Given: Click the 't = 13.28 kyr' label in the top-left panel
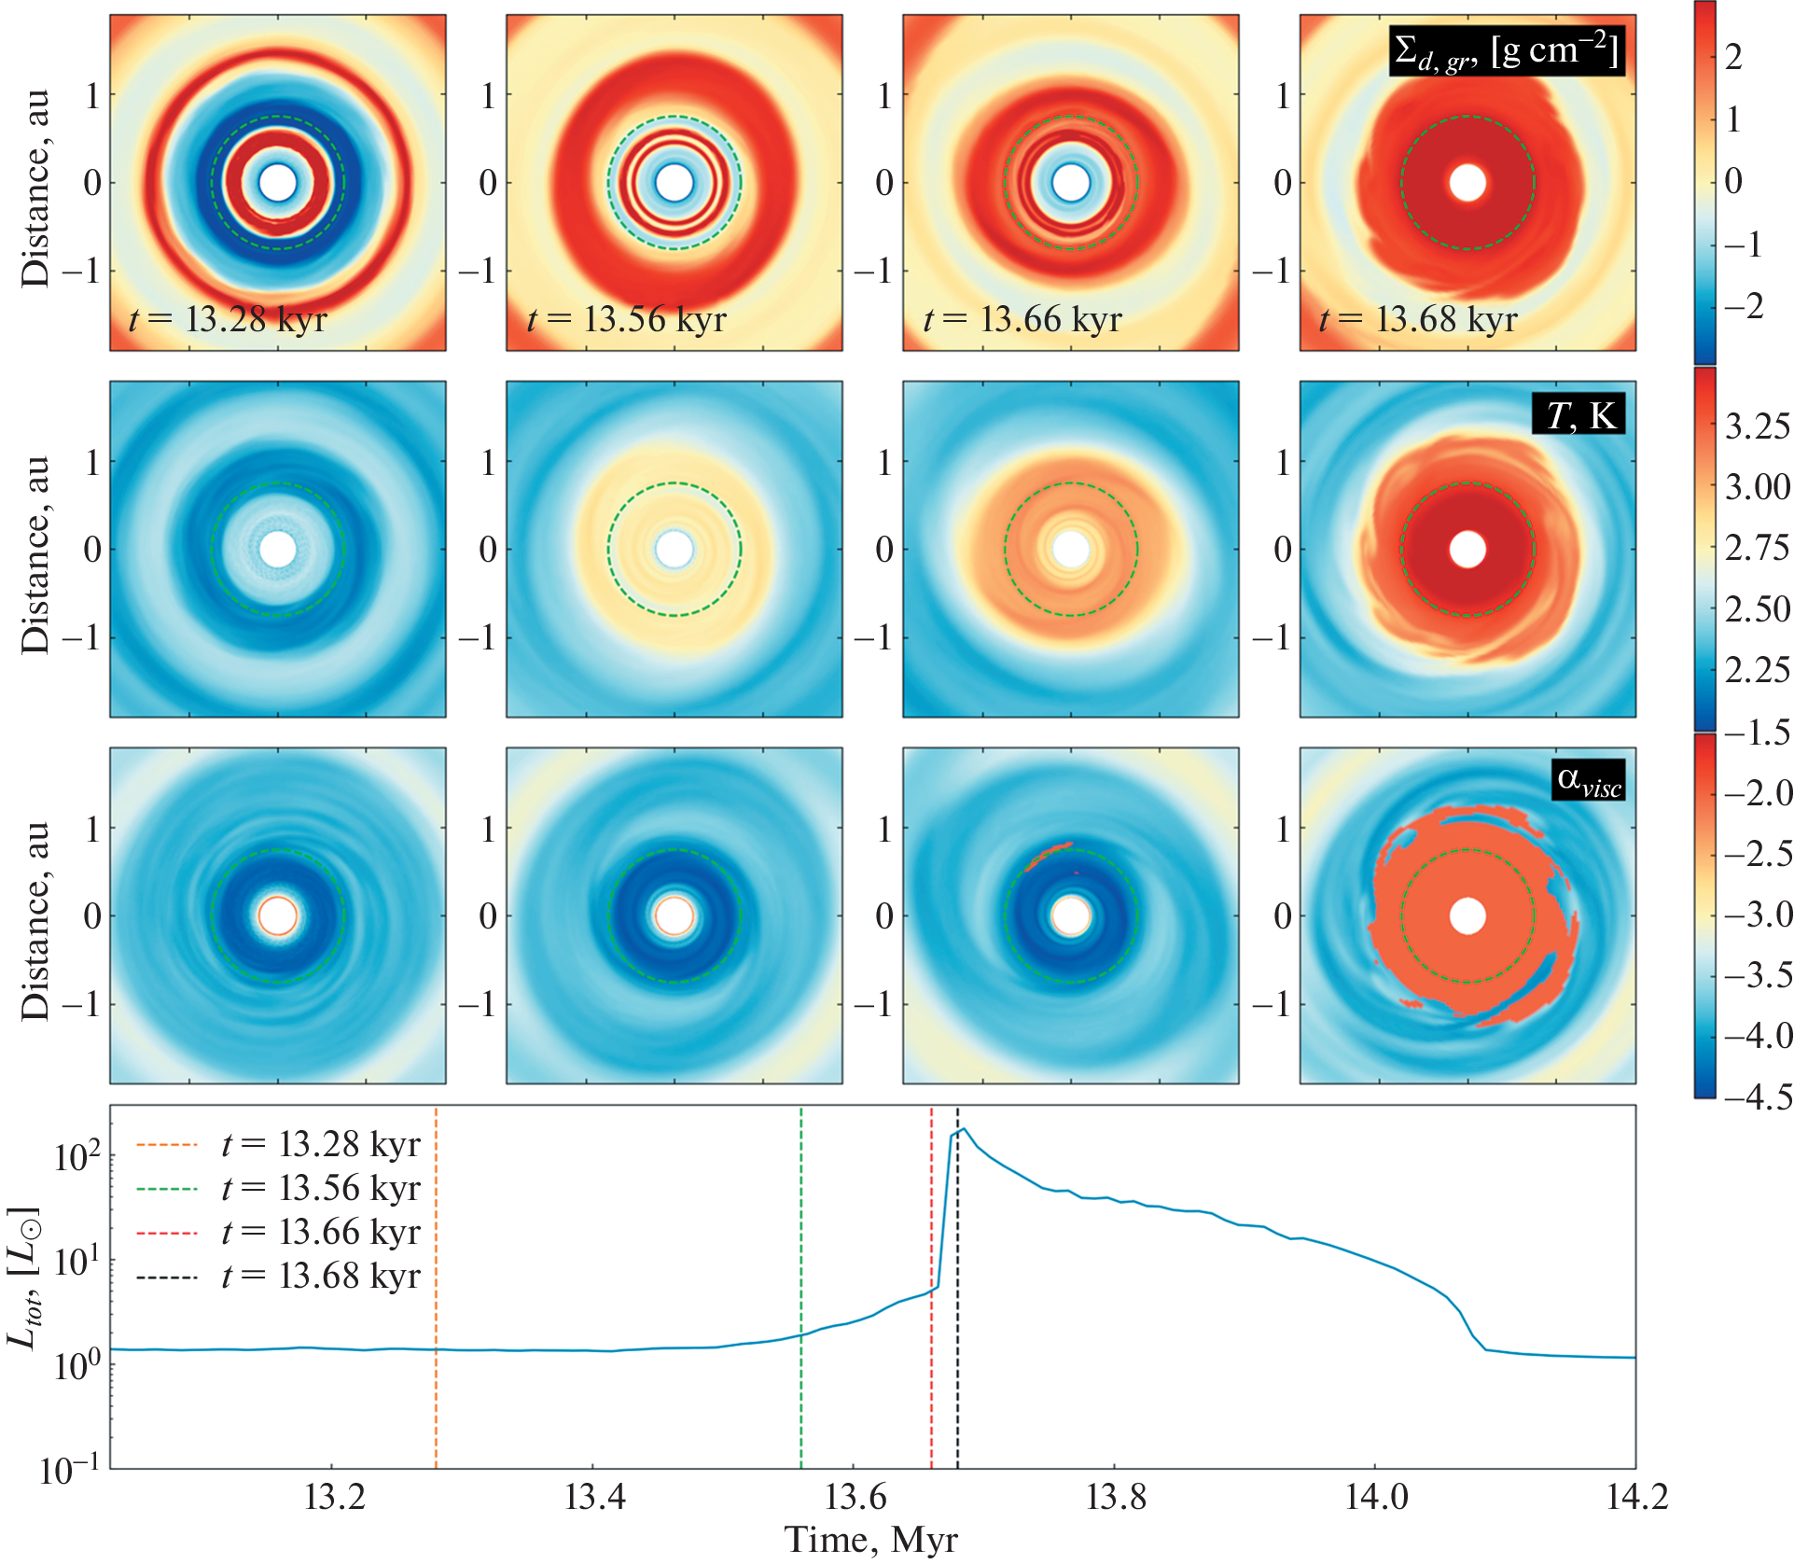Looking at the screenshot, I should [x=229, y=320].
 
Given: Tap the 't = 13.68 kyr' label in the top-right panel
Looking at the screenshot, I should [x=1418, y=320].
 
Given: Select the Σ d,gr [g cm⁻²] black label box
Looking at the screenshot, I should [x=1506, y=50].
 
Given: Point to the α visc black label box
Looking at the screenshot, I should [x=1589, y=780].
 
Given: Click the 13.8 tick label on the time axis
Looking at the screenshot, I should [x=1116, y=1497].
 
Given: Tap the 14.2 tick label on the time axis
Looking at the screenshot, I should [x=1636, y=1497].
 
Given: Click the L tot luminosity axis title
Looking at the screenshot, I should [x=23, y=1278].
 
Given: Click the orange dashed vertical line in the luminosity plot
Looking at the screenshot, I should [x=436, y=1288].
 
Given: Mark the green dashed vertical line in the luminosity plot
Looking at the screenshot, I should [x=801, y=1288].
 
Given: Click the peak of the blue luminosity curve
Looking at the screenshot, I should [x=964, y=1130].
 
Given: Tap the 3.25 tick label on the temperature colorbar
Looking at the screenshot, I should [x=1757, y=426].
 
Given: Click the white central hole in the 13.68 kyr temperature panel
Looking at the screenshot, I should [x=1467, y=550].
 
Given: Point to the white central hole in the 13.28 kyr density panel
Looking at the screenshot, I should [x=277, y=183].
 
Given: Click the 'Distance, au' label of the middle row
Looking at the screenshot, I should [x=35, y=554].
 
